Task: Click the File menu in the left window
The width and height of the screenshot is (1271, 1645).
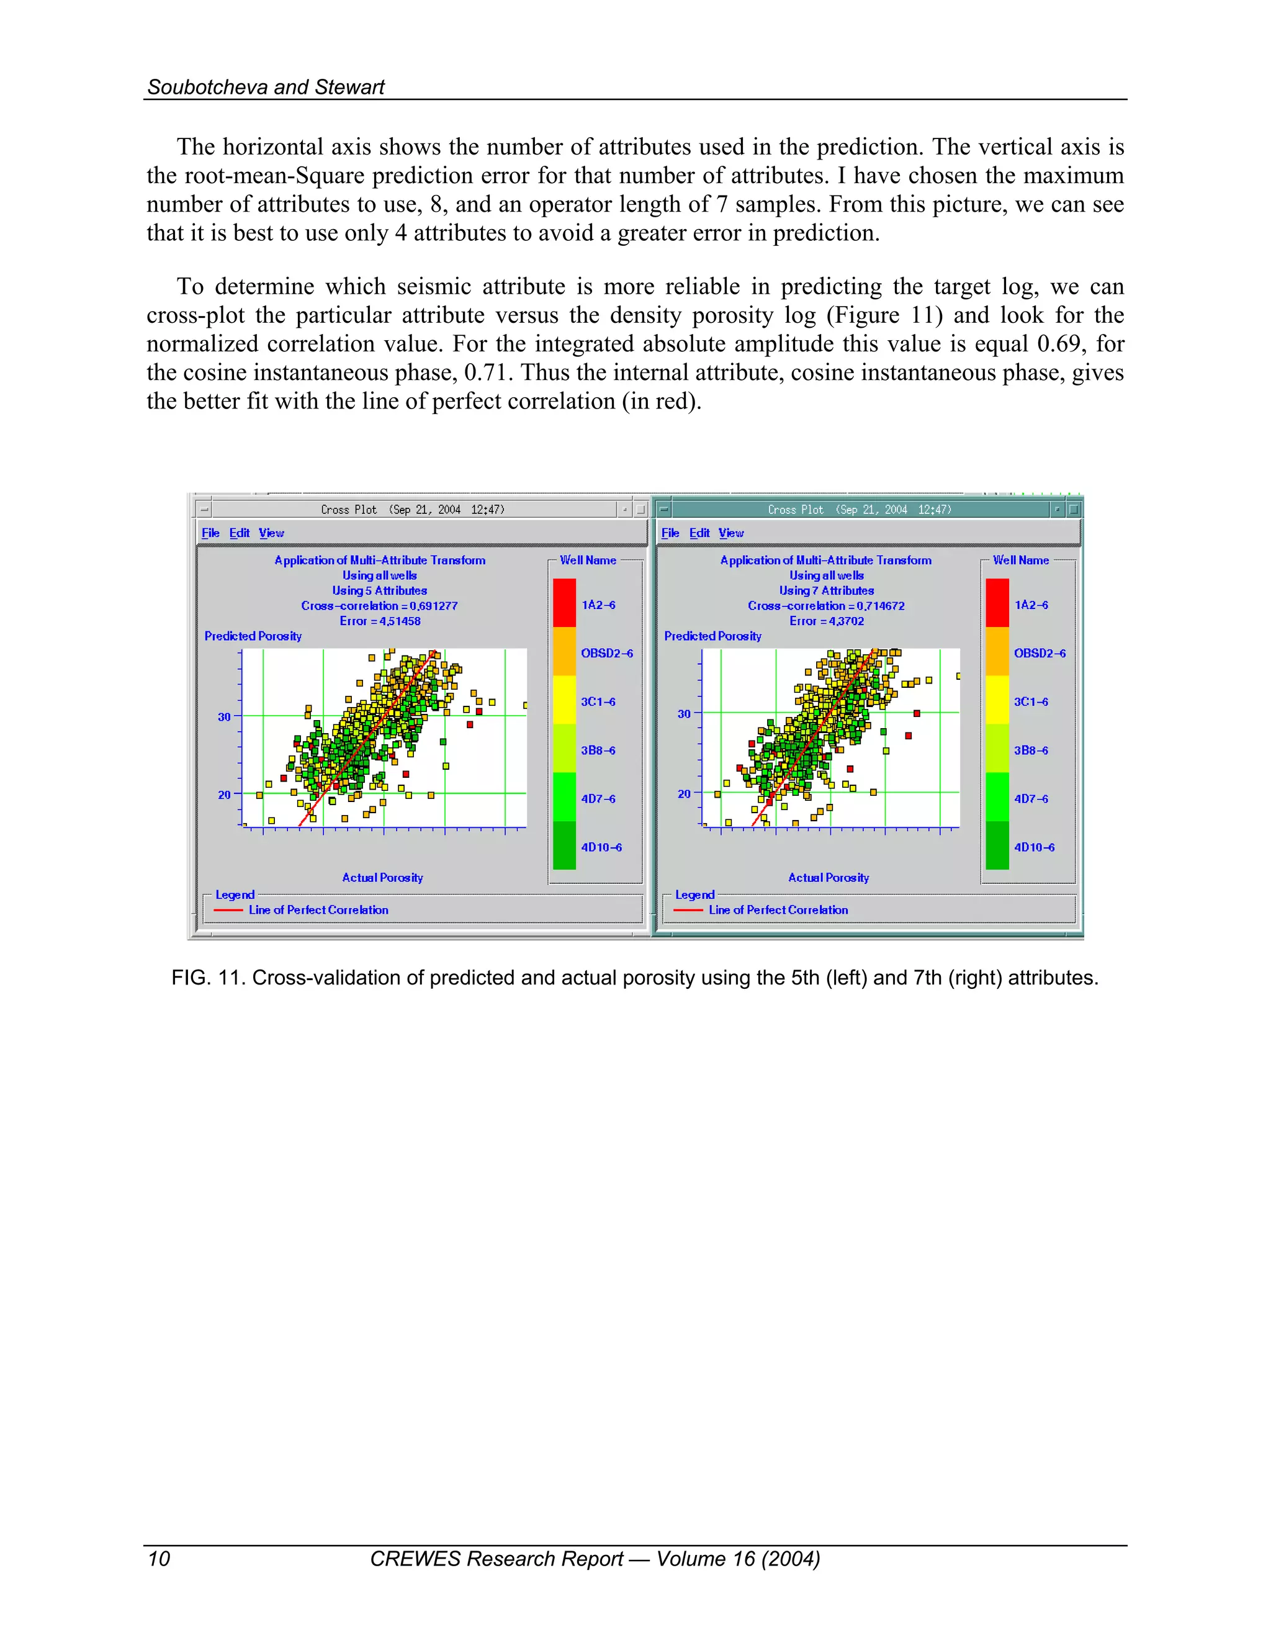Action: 210,533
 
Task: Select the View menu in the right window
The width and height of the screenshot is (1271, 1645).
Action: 730,533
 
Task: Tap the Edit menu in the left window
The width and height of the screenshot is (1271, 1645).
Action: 240,533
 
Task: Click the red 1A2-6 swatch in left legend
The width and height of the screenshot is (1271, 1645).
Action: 564,603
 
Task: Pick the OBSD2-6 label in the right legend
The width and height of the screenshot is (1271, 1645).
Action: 1039,653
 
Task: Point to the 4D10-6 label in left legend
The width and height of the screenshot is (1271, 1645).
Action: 601,847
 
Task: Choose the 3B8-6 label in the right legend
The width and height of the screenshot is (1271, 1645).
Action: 1030,750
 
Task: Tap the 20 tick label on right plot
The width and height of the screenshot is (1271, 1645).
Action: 684,794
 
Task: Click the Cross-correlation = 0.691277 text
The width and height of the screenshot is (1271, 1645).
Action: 379,606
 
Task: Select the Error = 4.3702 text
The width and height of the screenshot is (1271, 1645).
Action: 826,621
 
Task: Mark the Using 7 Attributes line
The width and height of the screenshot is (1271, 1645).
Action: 826,590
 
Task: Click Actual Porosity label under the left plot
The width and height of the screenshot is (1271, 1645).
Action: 382,878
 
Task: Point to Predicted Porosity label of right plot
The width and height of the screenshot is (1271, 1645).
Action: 712,636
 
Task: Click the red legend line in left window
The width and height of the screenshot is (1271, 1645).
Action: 228,911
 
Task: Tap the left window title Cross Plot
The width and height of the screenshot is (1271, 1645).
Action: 349,510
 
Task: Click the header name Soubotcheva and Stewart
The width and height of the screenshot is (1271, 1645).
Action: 266,88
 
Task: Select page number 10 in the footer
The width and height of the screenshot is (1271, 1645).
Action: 159,1558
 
